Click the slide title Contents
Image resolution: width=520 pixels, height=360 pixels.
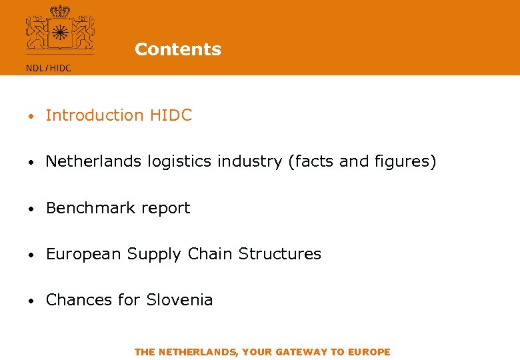[x=177, y=49]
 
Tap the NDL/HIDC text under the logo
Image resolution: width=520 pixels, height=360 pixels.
[x=48, y=67]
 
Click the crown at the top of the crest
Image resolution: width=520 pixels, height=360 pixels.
[x=60, y=11]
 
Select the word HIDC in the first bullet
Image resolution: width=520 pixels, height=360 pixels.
[x=171, y=115]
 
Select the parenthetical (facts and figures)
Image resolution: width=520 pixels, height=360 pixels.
[x=362, y=161]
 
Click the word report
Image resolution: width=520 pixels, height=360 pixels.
[x=165, y=208]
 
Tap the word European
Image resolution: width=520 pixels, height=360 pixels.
[x=84, y=254]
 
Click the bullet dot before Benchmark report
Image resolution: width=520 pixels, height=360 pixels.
[x=31, y=209]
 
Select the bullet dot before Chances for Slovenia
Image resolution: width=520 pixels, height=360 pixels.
[x=31, y=301]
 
